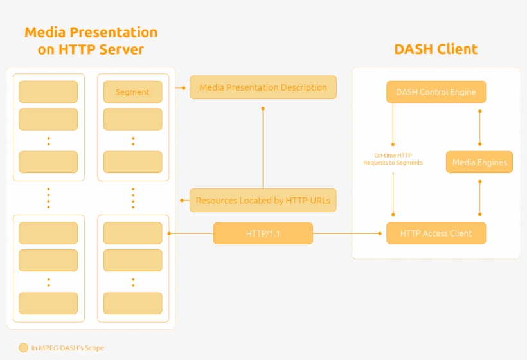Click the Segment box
(x=132, y=92)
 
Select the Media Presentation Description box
(x=263, y=87)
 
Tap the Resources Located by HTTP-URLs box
(x=263, y=200)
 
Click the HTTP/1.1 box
(x=263, y=233)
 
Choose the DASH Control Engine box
(x=436, y=92)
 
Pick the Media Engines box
(x=479, y=162)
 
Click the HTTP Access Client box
(x=436, y=233)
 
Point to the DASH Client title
(x=436, y=50)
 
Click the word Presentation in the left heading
(x=113, y=32)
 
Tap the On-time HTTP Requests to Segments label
(x=393, y=159)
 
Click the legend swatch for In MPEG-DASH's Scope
(x=24, y=348)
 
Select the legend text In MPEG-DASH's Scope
(x=67, y=348)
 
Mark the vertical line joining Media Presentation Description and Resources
(x=263, y=148)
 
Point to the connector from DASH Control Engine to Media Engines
(x=479, y=127)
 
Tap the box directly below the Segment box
(x=132, y=119)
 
